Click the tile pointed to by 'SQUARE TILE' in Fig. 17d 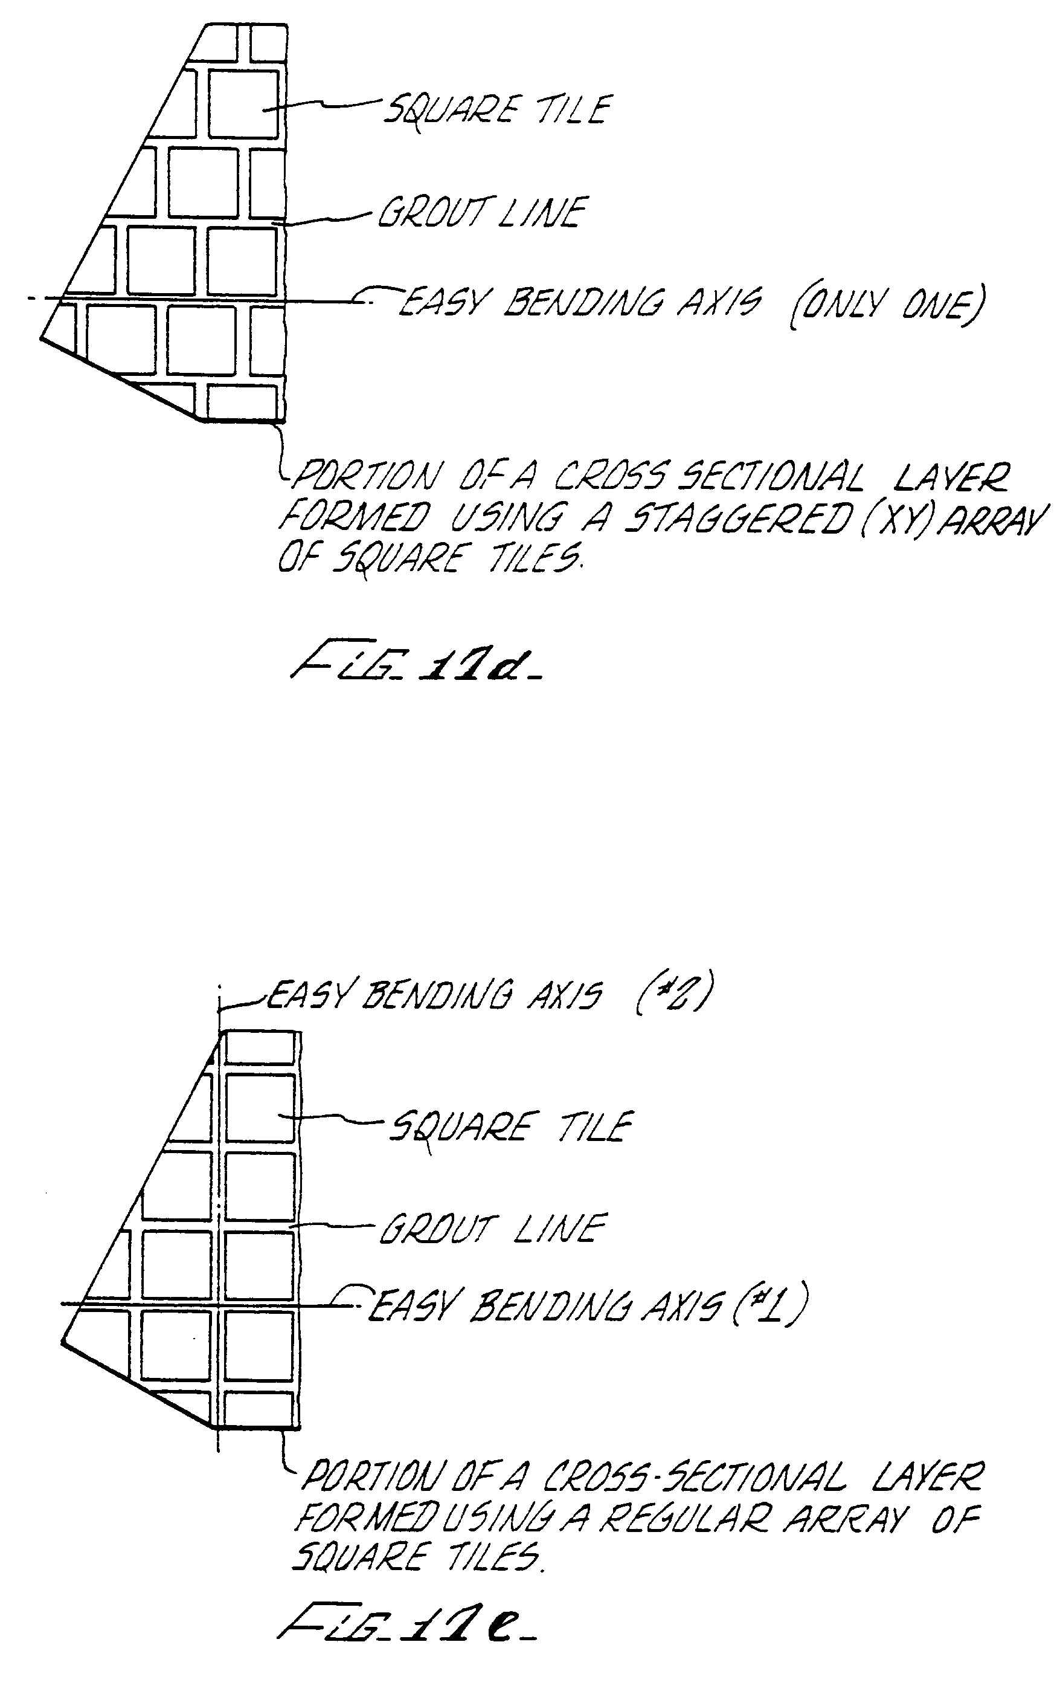click(x=244, y=104)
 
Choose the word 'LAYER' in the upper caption click(x=951, y=478)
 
